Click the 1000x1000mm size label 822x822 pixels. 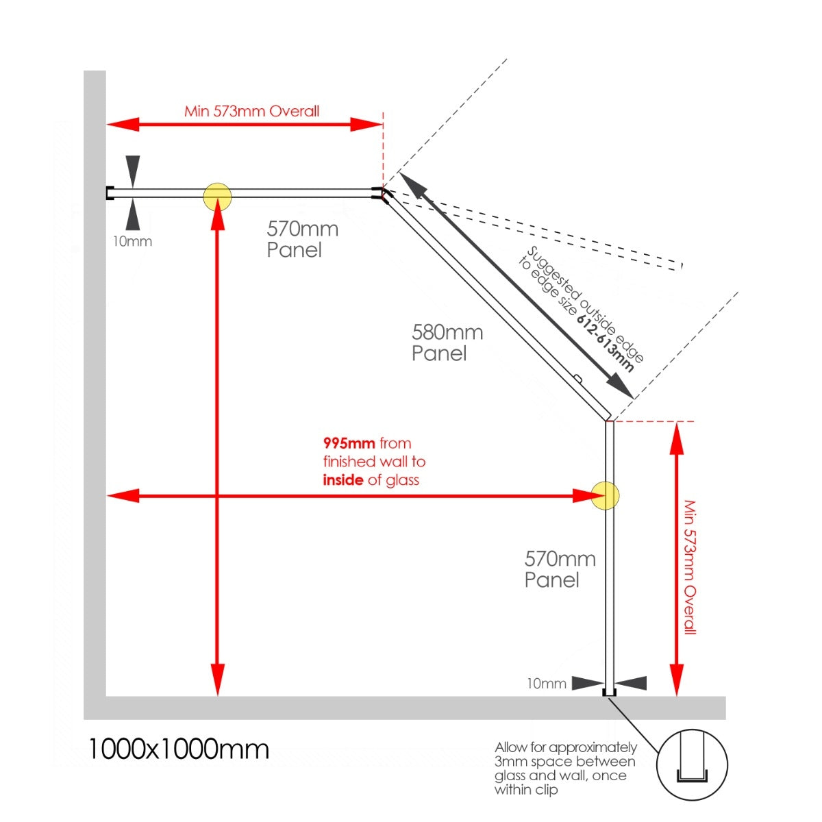point(179,749)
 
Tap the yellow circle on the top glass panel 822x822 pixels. point(217,197)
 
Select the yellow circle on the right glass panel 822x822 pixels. point(605,495)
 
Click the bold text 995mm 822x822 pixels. point(349,443)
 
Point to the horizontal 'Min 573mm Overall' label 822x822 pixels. point(251,112)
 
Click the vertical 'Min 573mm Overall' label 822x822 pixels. point(690,567)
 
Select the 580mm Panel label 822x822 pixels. point(447,343)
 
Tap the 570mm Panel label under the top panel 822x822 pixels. point(303,239)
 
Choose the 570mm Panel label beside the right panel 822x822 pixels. point(560,569)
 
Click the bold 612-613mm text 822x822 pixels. point(606,343)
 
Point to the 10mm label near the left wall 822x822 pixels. point(132,241)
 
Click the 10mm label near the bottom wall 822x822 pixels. point(547,684)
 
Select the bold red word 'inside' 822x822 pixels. point(343,480)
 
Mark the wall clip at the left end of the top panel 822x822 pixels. point(109,193)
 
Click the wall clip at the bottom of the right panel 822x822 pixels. point(609,693)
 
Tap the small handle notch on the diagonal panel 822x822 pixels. point(577,377)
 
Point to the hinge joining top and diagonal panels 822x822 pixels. point(381,195)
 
